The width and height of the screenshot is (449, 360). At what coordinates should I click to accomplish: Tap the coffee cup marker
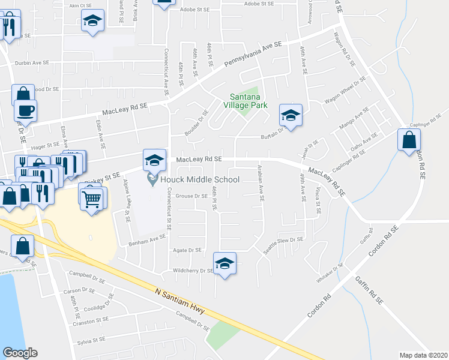(x=25, y=110)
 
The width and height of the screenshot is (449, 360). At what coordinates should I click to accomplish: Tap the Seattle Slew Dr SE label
(x=294, y=239)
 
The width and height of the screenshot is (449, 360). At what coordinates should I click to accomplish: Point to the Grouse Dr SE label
(x=193, y=196)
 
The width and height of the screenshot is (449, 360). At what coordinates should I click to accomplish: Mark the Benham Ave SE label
(x=147, y=238)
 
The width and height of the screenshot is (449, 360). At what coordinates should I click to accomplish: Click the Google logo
(x=20, y=352)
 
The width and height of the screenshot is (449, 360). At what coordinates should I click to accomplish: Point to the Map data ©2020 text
(x=423, y=355)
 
